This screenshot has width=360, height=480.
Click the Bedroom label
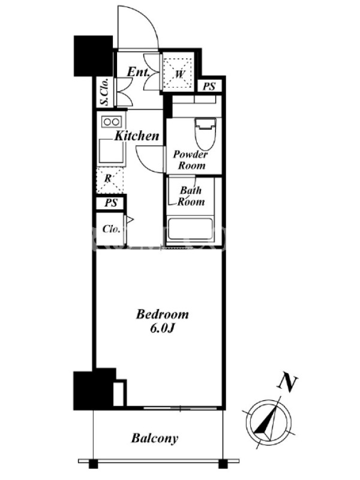pos(162,314)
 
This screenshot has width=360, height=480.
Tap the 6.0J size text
pos(162,328)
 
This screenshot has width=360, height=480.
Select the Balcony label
pos(155,438)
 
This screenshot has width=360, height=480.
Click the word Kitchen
pos(137,136)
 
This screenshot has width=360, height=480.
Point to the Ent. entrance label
pos(139,72)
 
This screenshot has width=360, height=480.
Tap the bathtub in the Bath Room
pos(190,229)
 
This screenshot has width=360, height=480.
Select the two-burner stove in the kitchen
pos(112,122)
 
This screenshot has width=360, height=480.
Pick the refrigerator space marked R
pos(110,180)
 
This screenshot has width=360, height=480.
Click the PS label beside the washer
pos(209,86)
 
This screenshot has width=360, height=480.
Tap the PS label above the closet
pos(111,203)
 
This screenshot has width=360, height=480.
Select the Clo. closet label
pos(111,229)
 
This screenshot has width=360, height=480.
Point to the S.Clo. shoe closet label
pos(104,92)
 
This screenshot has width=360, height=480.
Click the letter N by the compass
pos(287,382)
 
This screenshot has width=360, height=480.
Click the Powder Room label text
pos(190,160)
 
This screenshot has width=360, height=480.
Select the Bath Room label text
pos(191,196)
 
